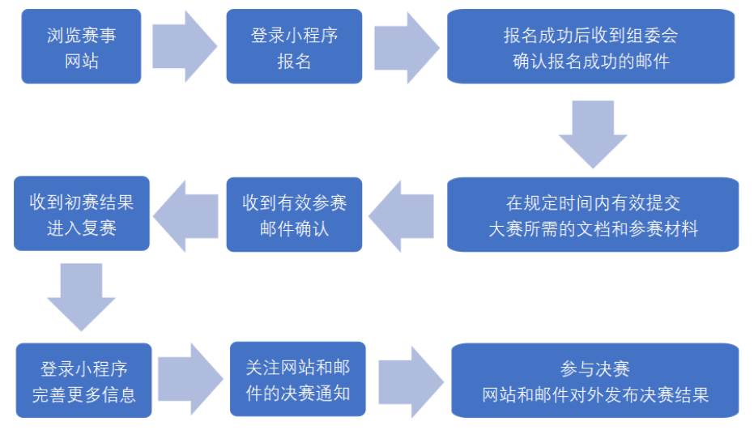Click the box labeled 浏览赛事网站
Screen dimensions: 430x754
click(81, 46)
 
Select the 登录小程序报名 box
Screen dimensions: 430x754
click(294, 46)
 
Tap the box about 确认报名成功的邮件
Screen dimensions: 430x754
click(590, 46)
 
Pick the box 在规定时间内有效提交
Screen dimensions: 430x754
click(593, 214)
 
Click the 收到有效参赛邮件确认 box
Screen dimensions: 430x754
click(294, 214)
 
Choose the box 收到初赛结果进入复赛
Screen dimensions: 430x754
click(81, 214)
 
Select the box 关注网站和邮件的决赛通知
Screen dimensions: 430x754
click(298, 379)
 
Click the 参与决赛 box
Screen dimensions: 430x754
click(594, 381)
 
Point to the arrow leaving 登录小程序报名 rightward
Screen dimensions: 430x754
click(405, 46)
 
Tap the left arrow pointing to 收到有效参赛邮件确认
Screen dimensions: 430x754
click(405, 214)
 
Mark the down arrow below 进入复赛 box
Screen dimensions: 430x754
click(81, 296)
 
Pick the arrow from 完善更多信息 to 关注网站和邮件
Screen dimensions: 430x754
click(190, 379)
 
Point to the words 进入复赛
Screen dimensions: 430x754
click(81, 228)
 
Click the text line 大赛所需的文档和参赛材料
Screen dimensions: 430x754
click(593, 228)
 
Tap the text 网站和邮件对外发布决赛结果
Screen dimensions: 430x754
click(594, 395)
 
